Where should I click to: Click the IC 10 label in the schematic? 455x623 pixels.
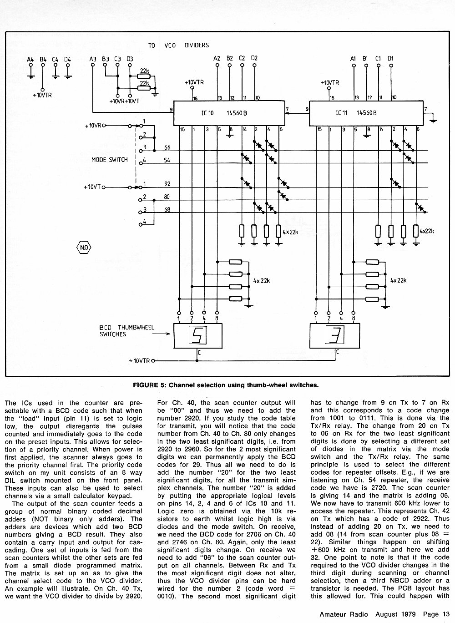coord(207,113)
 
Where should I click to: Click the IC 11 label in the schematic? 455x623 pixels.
coord(342,113)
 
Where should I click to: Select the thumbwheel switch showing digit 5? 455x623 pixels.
coord(198,335)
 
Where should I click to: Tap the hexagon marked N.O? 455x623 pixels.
coord(83,248)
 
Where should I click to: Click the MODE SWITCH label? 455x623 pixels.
coord(110,160)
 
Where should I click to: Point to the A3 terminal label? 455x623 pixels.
coord(93,59)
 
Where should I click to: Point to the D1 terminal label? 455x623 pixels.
coord(390,58)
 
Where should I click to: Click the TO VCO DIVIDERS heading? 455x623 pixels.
coord(178,46)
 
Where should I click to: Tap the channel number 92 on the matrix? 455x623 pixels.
coord(167,184)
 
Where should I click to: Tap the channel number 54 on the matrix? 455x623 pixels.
coord(167,160)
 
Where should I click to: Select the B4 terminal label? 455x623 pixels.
coord(43,59)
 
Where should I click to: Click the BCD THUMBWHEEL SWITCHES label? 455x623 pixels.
coord(127,331)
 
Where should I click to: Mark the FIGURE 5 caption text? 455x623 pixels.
coord(226,385)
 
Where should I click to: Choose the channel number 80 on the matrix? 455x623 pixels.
coord(167,197)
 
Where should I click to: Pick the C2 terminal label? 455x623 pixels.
coord(242,58)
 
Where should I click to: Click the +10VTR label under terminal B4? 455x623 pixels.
coord(42,96)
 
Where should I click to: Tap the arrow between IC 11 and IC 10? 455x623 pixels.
coord(297,113)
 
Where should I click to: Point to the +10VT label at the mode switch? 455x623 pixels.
coord(92,187)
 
